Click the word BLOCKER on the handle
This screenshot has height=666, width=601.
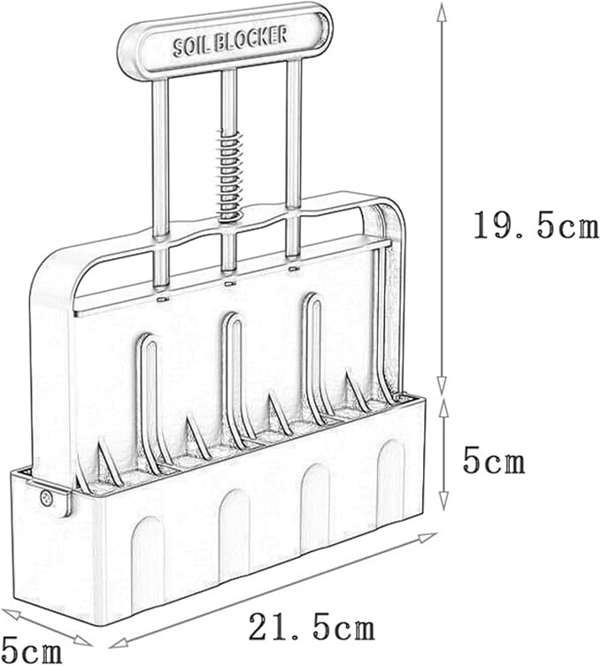(250, 37)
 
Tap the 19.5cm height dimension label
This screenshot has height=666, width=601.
(536, 225)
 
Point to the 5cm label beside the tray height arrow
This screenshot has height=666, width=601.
(494, 462)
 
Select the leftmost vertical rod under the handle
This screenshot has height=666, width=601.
(161, 182)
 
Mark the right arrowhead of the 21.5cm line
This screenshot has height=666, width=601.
(428, 537)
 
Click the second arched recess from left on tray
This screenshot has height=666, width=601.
(234, 536)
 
